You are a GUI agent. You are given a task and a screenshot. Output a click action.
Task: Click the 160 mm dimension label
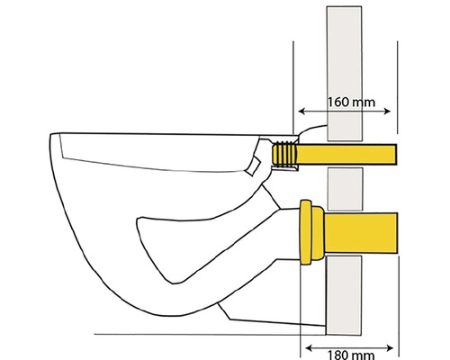351,103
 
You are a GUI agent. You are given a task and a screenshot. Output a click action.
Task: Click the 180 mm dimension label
350,355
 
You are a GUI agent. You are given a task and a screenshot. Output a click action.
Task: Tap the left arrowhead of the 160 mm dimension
301,112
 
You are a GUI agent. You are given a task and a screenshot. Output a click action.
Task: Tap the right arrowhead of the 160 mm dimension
387,112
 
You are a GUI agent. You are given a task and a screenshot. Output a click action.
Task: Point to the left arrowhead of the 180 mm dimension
309,348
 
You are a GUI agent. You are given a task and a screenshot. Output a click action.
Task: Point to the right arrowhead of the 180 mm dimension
390,348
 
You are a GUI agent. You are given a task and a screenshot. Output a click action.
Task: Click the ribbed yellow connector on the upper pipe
283,154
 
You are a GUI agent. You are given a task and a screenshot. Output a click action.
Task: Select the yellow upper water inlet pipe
346,154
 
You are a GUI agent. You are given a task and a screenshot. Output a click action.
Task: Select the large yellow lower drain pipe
361,233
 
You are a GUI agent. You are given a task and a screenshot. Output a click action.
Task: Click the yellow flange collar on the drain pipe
311,232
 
